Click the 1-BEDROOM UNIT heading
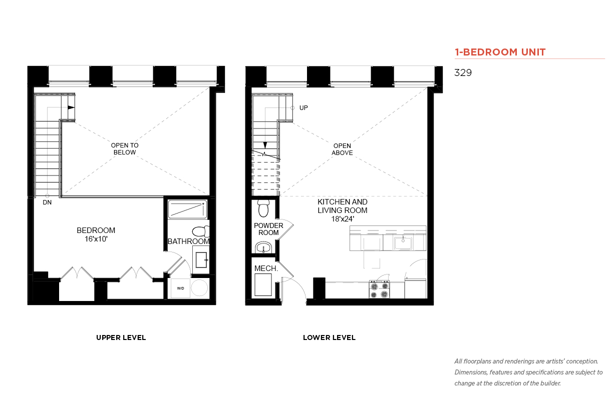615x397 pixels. [500, 52]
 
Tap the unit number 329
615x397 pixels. [463, 72]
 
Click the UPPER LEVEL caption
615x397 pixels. [121, 337]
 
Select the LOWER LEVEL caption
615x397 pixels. [329, 337]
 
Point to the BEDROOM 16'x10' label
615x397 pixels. [96, 234]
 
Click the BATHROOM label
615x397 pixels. [189, 241]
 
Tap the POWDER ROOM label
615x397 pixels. [268, 229]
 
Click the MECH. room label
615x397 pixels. [266, 268]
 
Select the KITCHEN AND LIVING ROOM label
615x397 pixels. [343, 210]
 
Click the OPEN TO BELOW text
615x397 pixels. [125, 149]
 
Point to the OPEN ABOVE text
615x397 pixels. [342, 149]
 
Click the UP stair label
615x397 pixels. [303, 108]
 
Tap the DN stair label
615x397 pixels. [47, 202]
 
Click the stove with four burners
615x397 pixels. [379, 289]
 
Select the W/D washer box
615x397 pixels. [180, 288]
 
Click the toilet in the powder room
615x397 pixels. [263, 208]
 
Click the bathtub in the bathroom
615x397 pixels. [187, 209]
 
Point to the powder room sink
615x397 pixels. [263, 247]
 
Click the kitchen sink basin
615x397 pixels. [403, 243]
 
